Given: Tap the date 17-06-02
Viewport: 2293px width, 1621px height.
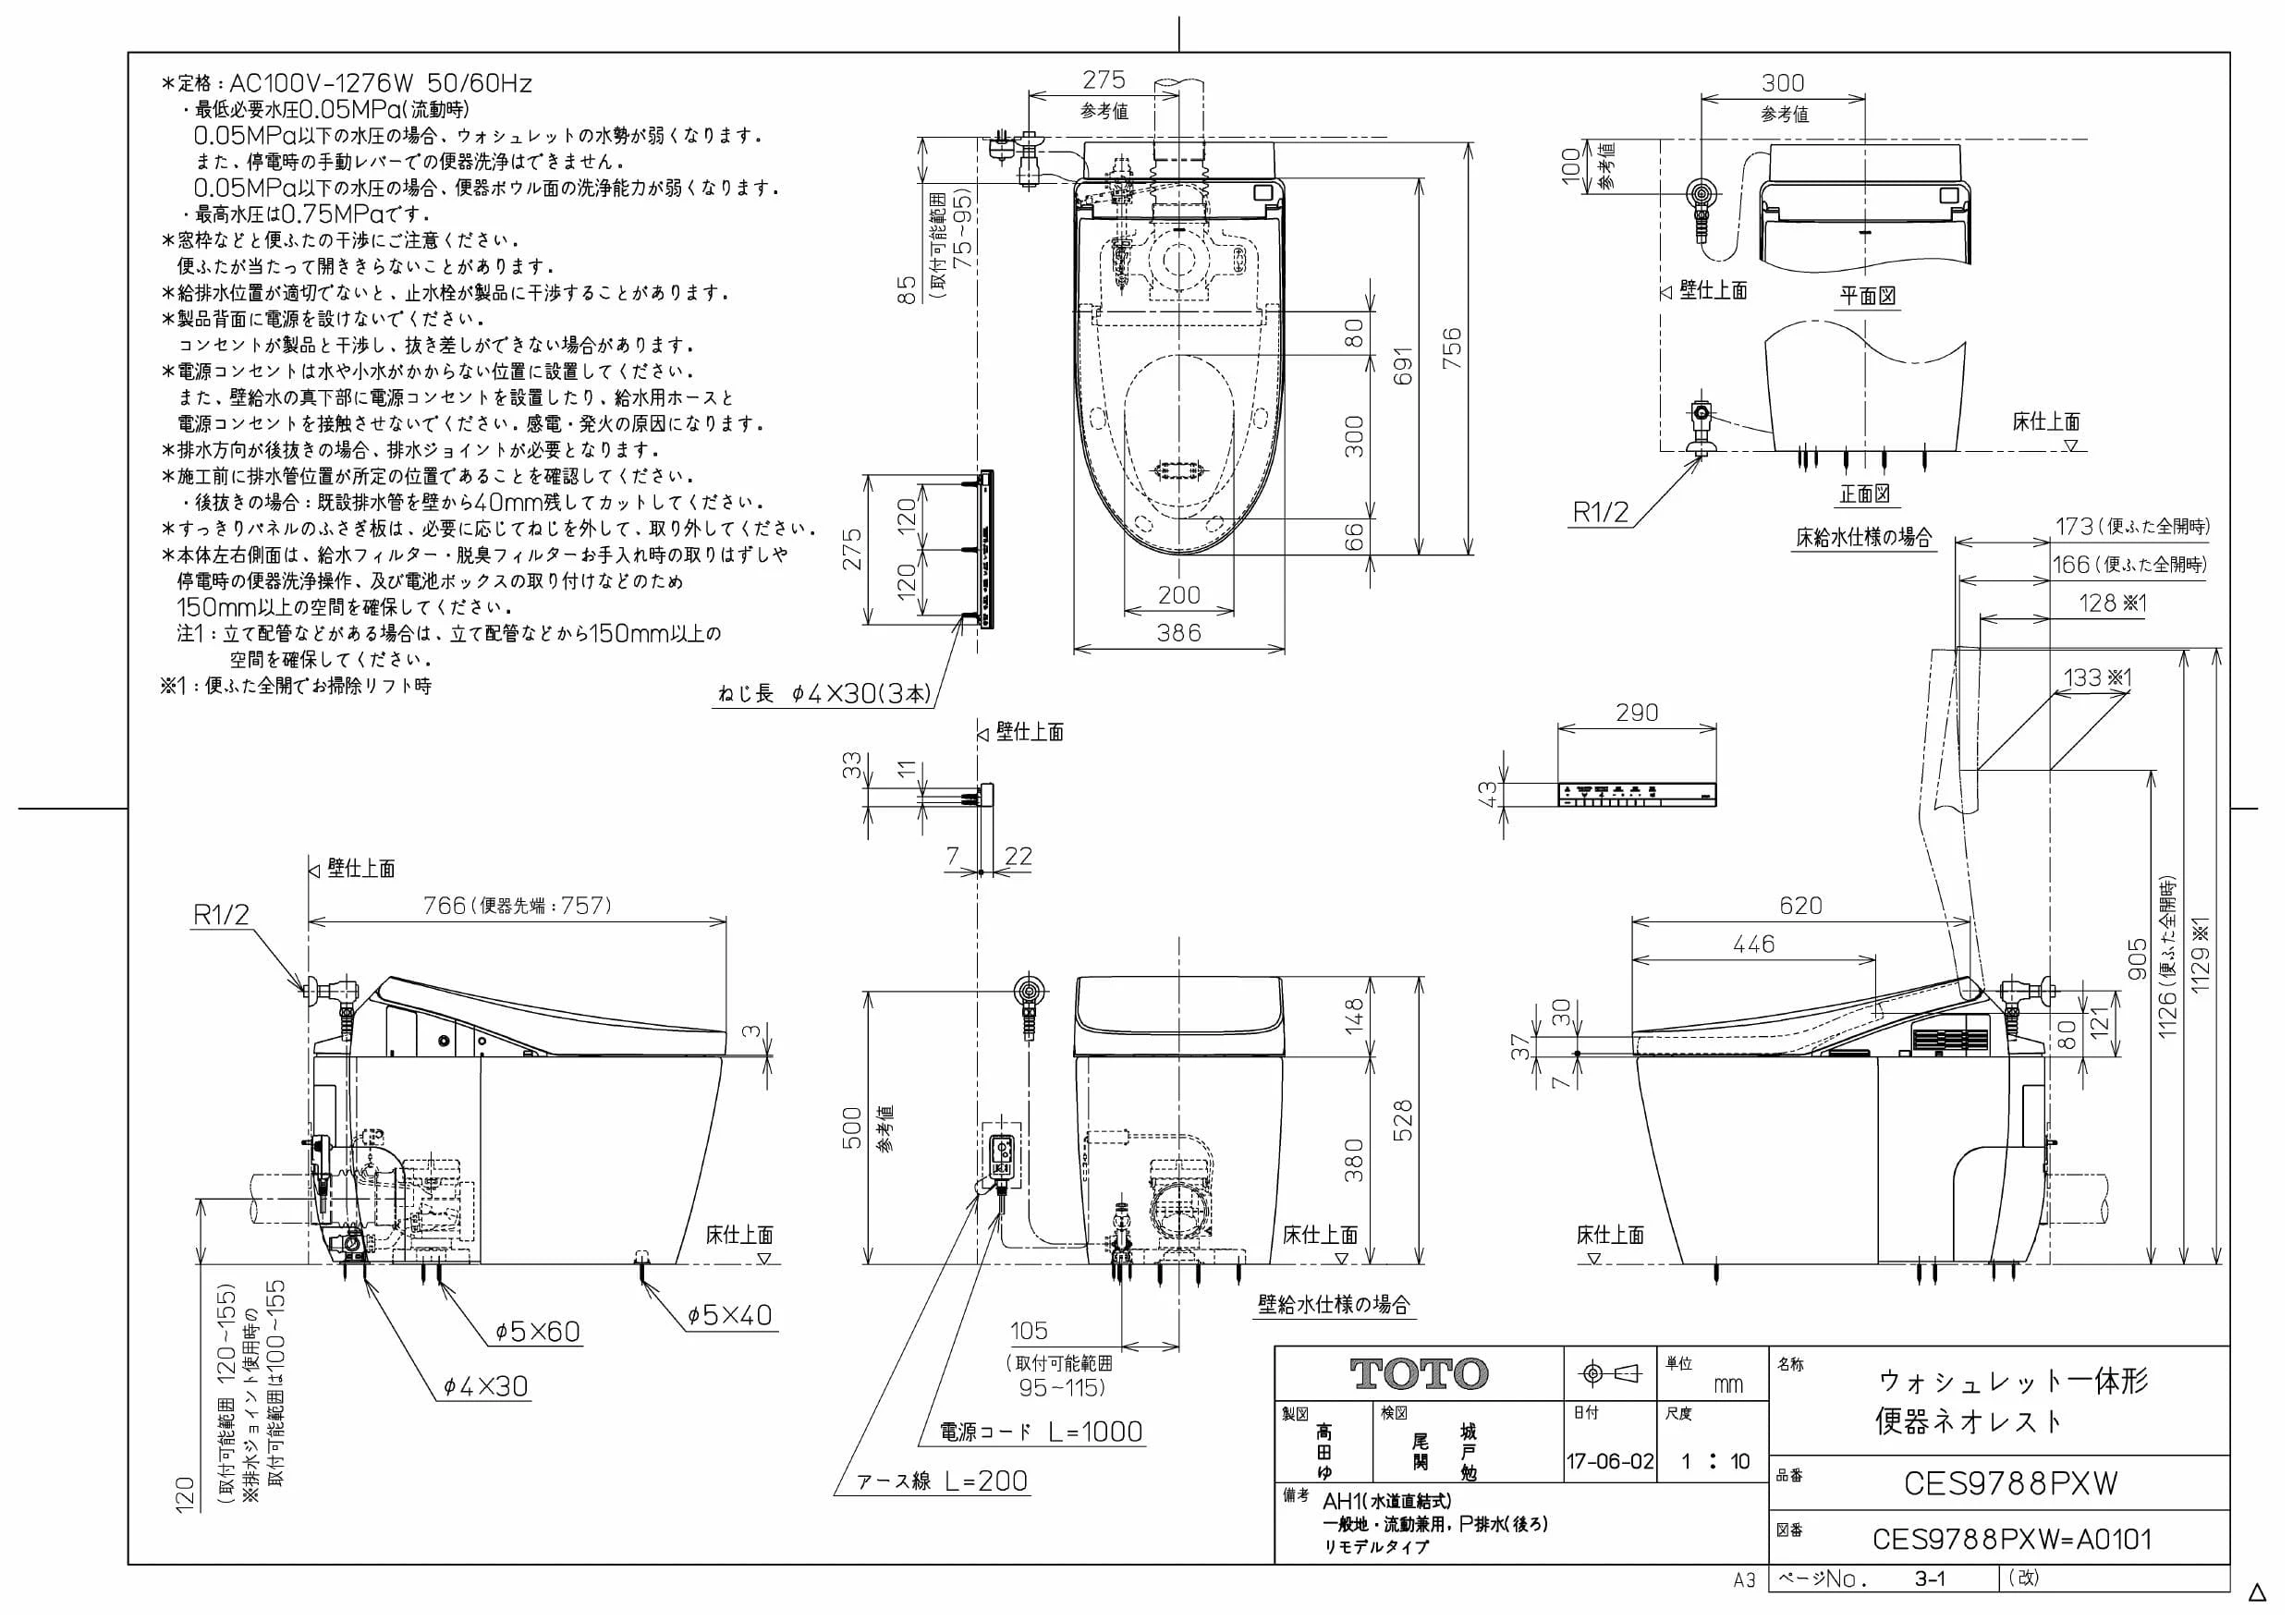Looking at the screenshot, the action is [x=1610, y=1461].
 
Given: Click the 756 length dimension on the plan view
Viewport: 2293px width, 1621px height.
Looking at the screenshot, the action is [x=1453, y=348].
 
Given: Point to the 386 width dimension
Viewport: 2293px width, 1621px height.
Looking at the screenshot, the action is [x=1178, y=632].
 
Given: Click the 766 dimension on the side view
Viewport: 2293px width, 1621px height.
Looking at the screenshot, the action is [x=445, y=905].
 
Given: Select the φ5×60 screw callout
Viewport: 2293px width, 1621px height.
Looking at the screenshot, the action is [x=537, y=1332].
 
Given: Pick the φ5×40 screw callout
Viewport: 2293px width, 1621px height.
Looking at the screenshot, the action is [x=729, y=1315].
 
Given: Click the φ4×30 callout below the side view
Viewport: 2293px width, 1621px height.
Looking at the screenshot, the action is [x=485, y=1386].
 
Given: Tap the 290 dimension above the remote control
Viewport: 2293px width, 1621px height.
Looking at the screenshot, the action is [x=1636, y=713].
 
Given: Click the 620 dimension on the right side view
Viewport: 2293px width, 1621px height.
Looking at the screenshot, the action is [x=1800, y=905].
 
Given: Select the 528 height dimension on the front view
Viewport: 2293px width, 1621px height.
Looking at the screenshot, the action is [x=1403, y=1121].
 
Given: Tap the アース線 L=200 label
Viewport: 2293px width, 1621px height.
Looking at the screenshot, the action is [x=942, y=1481].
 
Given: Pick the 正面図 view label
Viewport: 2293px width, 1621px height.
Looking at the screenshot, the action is [x=1864, y=494].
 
